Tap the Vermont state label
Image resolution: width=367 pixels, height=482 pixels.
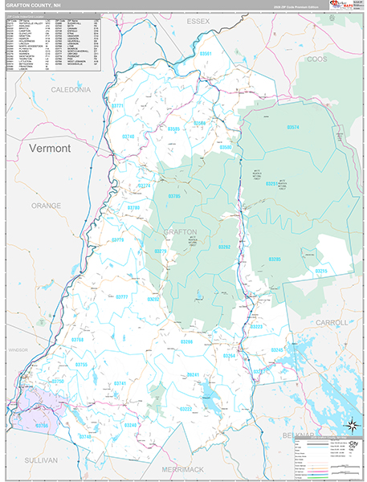pyautogui.click(x=50, y=149)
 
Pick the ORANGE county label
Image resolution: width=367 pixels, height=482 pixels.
pyautogui.click(x=45, y=206)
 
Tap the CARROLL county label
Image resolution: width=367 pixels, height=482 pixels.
pyautogui.click(x=332, y=322)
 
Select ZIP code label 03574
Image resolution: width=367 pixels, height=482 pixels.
pyautogui.click(x=292, y=128)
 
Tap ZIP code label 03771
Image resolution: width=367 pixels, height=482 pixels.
pyautogui.click(x=118, y=106)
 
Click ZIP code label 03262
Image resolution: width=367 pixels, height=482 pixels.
pyautogui.click(x=224, y=247)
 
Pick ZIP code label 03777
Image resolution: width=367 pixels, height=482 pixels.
pyautogui.click(x=122, y=296)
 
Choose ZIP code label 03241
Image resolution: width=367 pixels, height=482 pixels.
pyautogui.click(x=193, y=375)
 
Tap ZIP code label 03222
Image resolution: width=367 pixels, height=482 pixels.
pyautogui.click(x=186, y=408)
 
